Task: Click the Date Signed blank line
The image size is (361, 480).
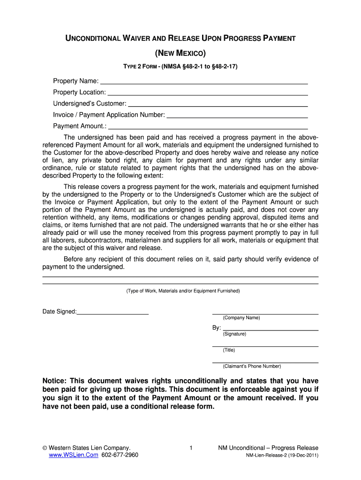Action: (x=113, y=313)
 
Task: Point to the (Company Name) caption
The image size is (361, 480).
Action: (x=241, y=318)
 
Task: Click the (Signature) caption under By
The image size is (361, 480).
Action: (x=234, y=334)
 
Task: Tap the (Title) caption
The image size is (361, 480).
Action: (x=229, y=350)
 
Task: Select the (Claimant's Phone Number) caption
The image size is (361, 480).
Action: (x=252, y=366)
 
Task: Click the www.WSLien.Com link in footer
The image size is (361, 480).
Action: (x=73, y=455)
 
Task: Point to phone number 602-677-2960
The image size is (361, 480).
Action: (x=120, y=455)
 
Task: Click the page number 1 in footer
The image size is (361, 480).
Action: (x=191, y=448)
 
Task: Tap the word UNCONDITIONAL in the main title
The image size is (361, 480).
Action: (x=92, y=38)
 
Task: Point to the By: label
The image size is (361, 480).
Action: (x=217, y=328)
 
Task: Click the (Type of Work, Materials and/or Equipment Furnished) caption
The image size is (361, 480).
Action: (x=183, y=291)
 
